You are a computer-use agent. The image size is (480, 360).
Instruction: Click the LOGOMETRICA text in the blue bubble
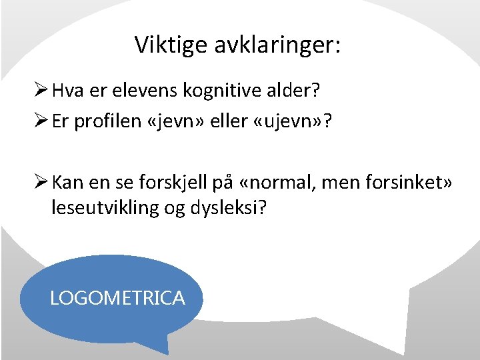pos(117,298)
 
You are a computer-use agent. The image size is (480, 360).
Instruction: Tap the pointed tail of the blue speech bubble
pos(164,348)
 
